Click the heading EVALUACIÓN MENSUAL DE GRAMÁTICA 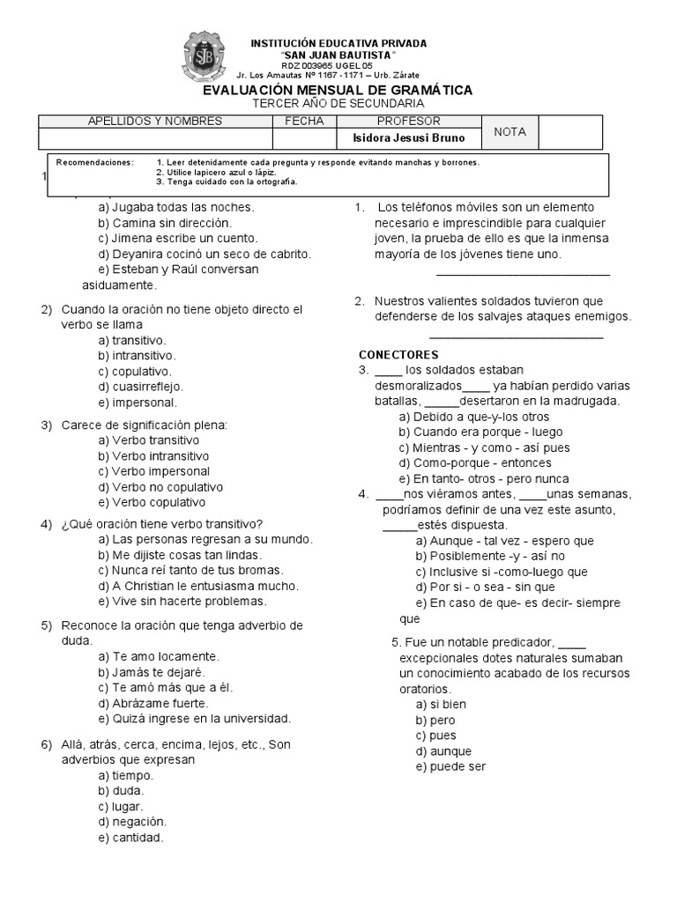click(338, 90)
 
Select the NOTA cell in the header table click(510, 131)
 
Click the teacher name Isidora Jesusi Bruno click(403, 138)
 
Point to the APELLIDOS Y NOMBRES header click(155, 121)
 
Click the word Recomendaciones click(95, 162)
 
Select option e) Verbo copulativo click(153, 502)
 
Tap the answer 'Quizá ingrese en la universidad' click(194, 718)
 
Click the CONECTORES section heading click(398, 354)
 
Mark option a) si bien click(441, 704)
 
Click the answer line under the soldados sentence click(516, 336)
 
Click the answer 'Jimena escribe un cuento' click(177, 238)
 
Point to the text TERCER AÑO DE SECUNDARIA click(338, 104)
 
